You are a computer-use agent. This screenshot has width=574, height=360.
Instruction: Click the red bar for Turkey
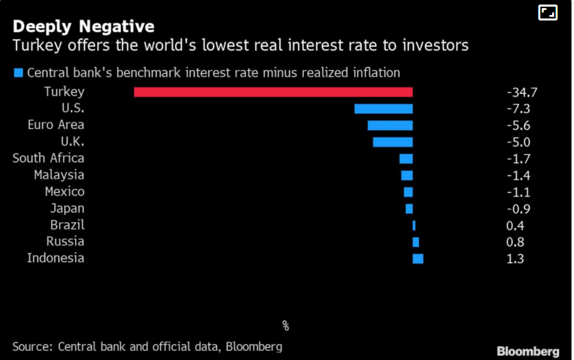pos(273,92)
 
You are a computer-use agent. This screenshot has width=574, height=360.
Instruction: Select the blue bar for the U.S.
pos(383,109)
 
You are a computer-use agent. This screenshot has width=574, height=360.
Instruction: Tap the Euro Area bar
pos(390,125)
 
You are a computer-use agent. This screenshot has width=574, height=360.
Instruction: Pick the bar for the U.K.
pos(393,142)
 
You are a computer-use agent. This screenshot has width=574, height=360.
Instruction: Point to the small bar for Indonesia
pos(418,258)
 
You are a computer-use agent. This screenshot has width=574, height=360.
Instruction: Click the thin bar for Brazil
pos(414,225)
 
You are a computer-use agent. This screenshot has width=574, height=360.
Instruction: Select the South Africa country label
pos(49,158)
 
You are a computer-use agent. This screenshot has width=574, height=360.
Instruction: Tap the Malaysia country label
pos(59,175)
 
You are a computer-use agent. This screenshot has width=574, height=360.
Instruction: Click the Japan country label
pos(67,209)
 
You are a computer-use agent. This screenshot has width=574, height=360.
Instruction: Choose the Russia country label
pos(65,242)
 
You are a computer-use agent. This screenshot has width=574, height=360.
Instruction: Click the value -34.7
pos(522,93)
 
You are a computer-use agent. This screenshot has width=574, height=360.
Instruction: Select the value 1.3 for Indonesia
pos(516,258)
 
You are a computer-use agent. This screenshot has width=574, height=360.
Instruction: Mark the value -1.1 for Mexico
pos(519,192)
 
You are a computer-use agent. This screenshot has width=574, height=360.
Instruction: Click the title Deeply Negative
pos(83,27)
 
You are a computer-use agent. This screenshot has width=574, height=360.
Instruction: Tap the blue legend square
pos(18,73)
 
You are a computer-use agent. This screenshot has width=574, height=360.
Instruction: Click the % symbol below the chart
pos(286,326)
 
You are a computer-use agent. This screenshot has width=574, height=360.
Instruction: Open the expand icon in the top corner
pos(547,12)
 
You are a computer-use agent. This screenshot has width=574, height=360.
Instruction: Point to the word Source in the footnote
pos(32,346)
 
